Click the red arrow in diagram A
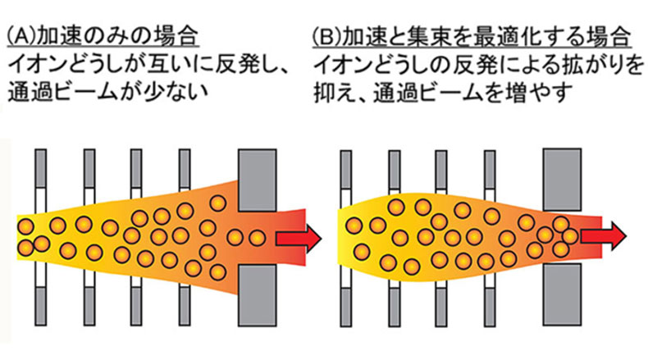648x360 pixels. tap(296, 237)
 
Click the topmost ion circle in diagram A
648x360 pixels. tap(218, 203)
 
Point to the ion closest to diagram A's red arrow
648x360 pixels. tap(257, 237)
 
